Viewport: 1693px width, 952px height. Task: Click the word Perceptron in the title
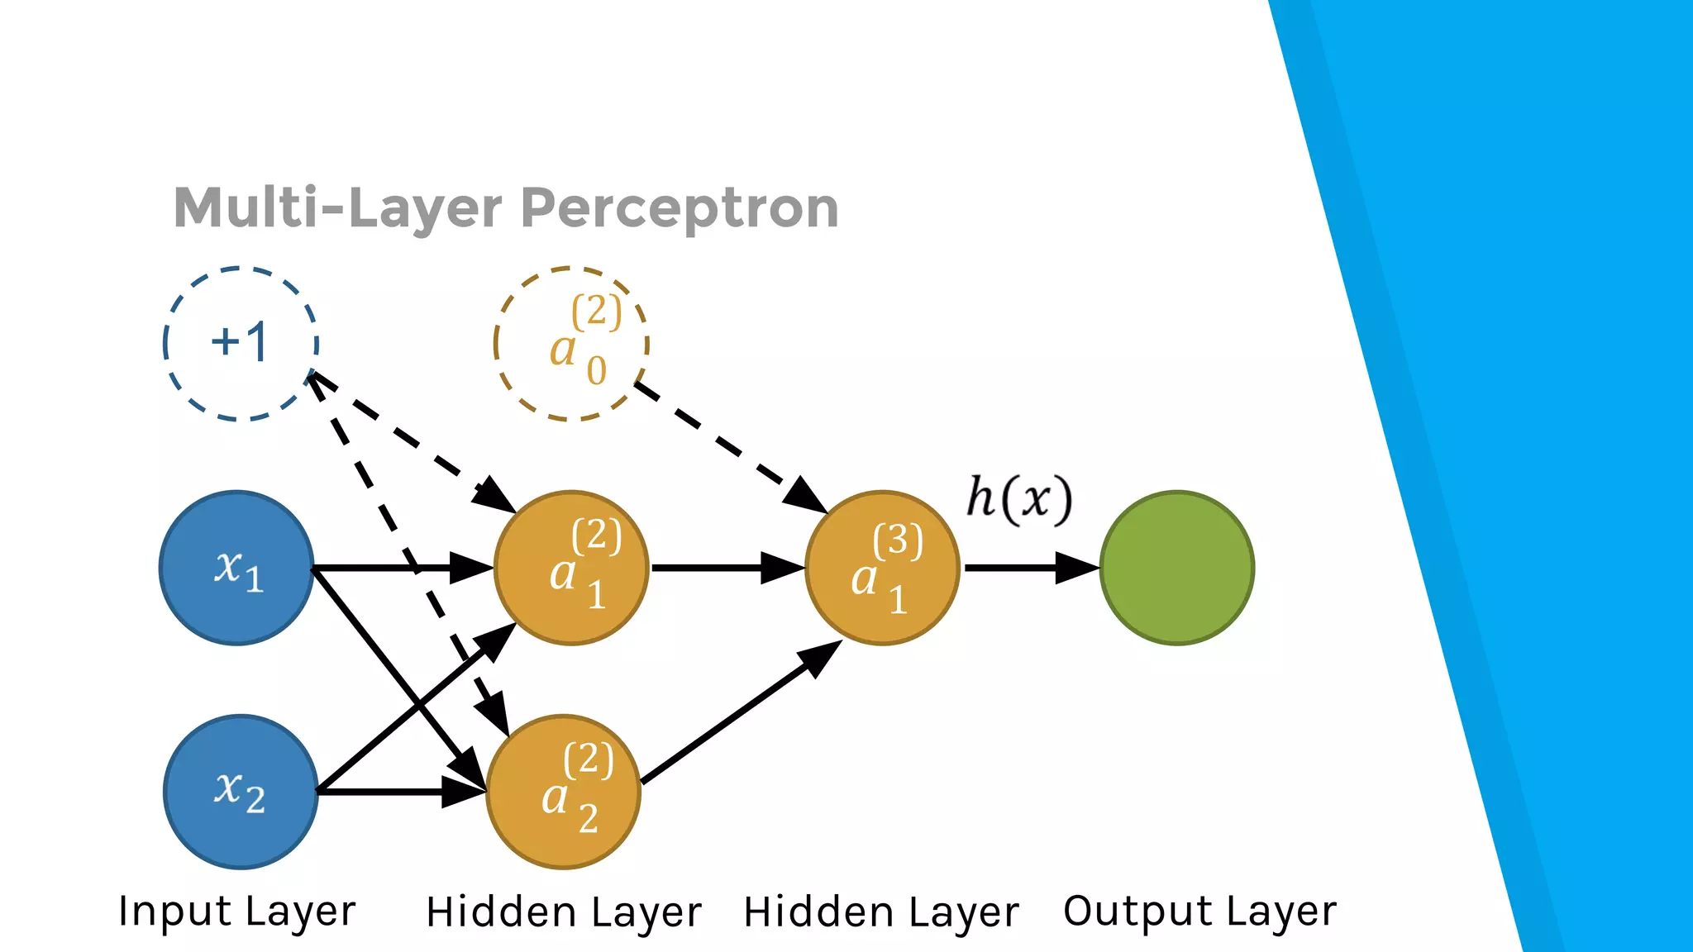[x=680, y=208]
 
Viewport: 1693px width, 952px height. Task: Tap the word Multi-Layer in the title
[x=337, y=208]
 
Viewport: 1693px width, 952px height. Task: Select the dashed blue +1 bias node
[x=241, y=344]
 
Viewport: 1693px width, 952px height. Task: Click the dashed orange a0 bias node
[x=571, y=344]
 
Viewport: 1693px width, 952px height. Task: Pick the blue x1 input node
[x=237, y=568]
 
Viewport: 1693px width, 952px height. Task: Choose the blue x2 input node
[x=241, y=792]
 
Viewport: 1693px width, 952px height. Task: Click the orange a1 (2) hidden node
[x=571, y=568]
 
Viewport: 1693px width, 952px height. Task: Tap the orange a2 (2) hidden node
[x=564, y=792]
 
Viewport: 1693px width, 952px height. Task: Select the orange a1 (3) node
[x=882, y=568]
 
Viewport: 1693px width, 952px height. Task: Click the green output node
[x=1177, y=568]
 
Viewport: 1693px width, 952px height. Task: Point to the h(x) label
[x=1019, y=499]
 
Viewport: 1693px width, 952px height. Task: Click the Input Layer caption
[x=237, y=912]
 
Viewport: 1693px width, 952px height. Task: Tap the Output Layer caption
[x=1199, y=912]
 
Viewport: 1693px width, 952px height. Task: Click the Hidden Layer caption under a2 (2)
[x=564, y=912]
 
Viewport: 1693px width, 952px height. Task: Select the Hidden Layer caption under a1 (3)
[x=881, y=912]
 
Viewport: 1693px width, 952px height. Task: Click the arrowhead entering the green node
[x=1076, y=568]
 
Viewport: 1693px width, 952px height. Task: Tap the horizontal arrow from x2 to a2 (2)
[x=389, y=792]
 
